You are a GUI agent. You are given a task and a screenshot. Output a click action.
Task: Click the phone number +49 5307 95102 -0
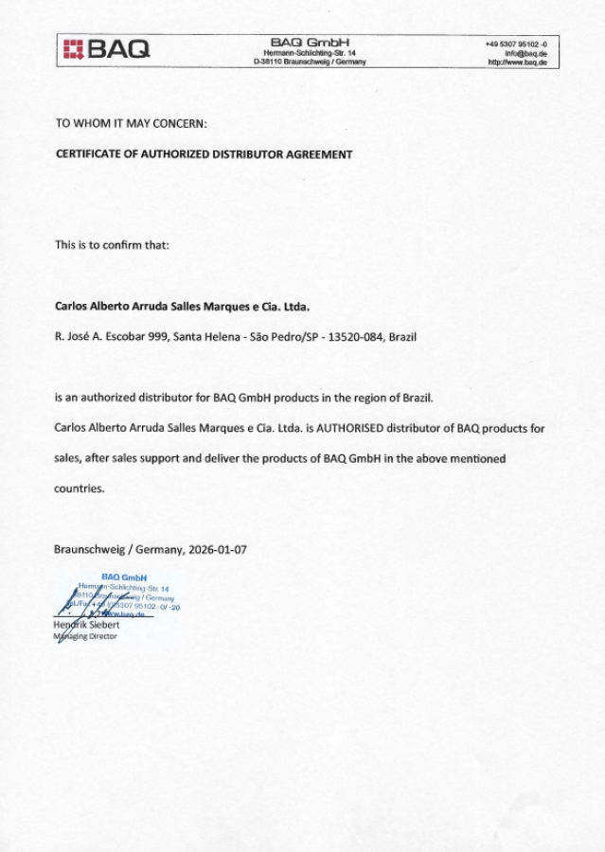[522, 44]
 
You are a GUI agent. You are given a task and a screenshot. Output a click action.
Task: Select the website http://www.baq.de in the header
[519, 62]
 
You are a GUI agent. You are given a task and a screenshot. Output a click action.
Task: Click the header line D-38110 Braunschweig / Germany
[310, 62]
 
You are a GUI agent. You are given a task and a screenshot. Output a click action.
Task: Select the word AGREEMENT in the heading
[319, 153]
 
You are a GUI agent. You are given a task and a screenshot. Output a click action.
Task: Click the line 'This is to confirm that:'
[112, 244]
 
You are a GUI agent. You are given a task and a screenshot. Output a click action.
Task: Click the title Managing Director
[86, 637]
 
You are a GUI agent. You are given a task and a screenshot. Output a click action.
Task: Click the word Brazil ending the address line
[402, 336]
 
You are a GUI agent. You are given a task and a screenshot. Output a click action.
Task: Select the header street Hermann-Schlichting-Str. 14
[310, 53]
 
